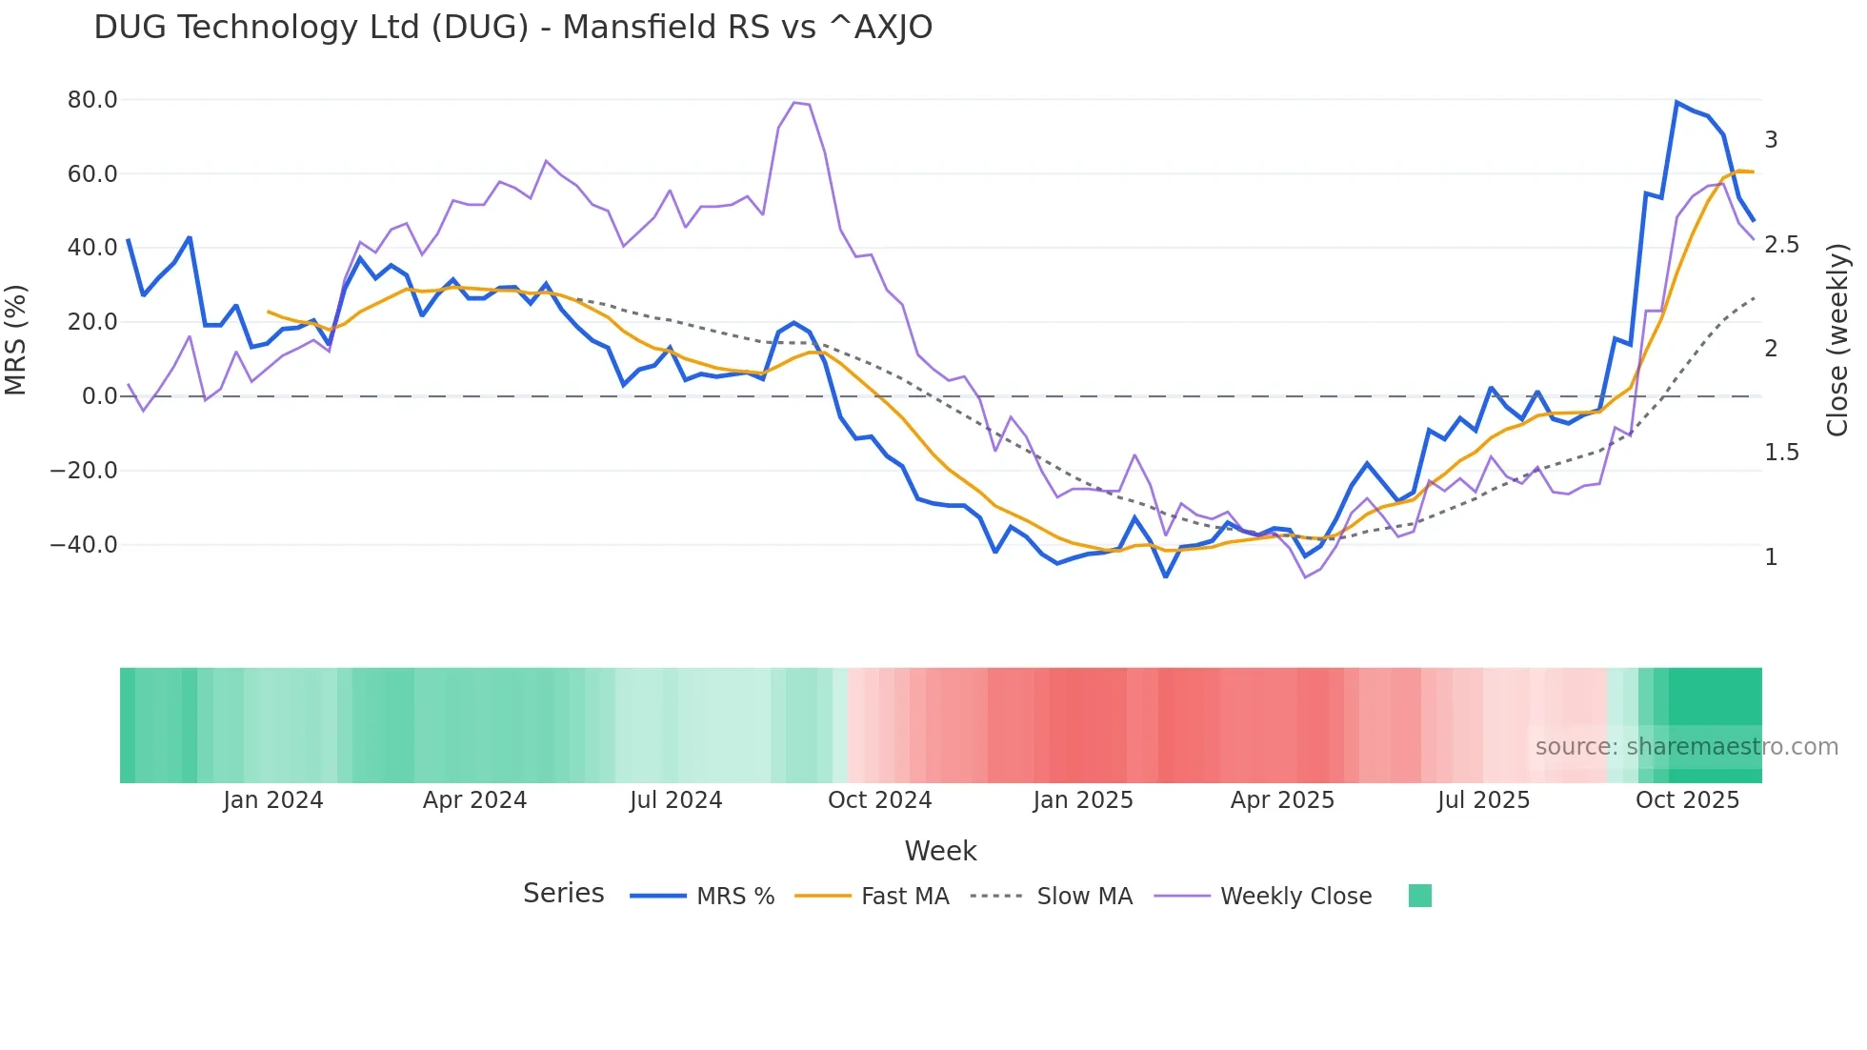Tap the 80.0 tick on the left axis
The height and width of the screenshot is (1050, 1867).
92,100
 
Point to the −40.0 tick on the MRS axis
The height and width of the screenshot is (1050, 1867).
84,545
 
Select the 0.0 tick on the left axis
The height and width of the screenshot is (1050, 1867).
100,396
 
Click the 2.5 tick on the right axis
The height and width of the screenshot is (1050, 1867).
1781,245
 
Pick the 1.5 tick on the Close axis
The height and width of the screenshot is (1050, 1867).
1781,453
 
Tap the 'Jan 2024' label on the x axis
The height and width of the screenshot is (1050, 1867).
273,800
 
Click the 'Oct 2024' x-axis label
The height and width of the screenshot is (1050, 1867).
879,800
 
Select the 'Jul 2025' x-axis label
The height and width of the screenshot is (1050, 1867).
1483,800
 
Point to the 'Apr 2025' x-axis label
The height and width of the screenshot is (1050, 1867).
1282,800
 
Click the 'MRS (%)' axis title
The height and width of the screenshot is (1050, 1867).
16,340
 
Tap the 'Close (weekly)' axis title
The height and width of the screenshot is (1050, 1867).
1837,340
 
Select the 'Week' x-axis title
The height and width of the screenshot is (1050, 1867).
940,851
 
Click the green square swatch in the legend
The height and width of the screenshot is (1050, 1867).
1419,896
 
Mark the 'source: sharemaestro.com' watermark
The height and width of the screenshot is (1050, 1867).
1686,747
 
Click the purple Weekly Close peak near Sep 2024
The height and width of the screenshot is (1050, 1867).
794,103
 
